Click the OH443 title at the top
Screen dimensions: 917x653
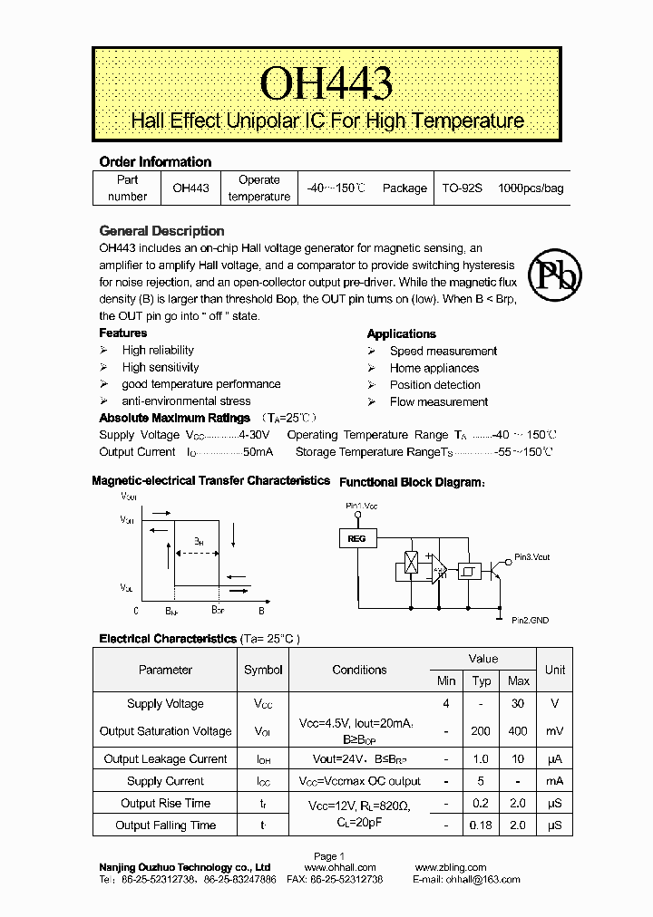[x=326, y=83]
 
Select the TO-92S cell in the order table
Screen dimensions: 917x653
[x=463, y=188]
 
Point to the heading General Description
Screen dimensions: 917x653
[x=161, y=231]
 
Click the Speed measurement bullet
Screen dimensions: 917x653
[x=443, y=351]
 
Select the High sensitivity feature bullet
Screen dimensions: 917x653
[x=161, y=367]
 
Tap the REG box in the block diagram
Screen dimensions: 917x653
[x=356, y=539]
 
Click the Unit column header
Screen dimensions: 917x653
[x=554, y=670]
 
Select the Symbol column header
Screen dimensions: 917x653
[x=263, y=670]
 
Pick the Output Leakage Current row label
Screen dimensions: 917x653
[x=165, y=759]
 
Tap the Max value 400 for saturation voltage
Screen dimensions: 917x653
[x=519, y=731]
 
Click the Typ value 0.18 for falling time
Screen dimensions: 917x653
[x=481, y=825]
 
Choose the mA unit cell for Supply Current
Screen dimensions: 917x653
[x=554, y=781]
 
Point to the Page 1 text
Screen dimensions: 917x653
[x=328, y=856]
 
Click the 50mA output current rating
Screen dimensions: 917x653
[x=257, y=451]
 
